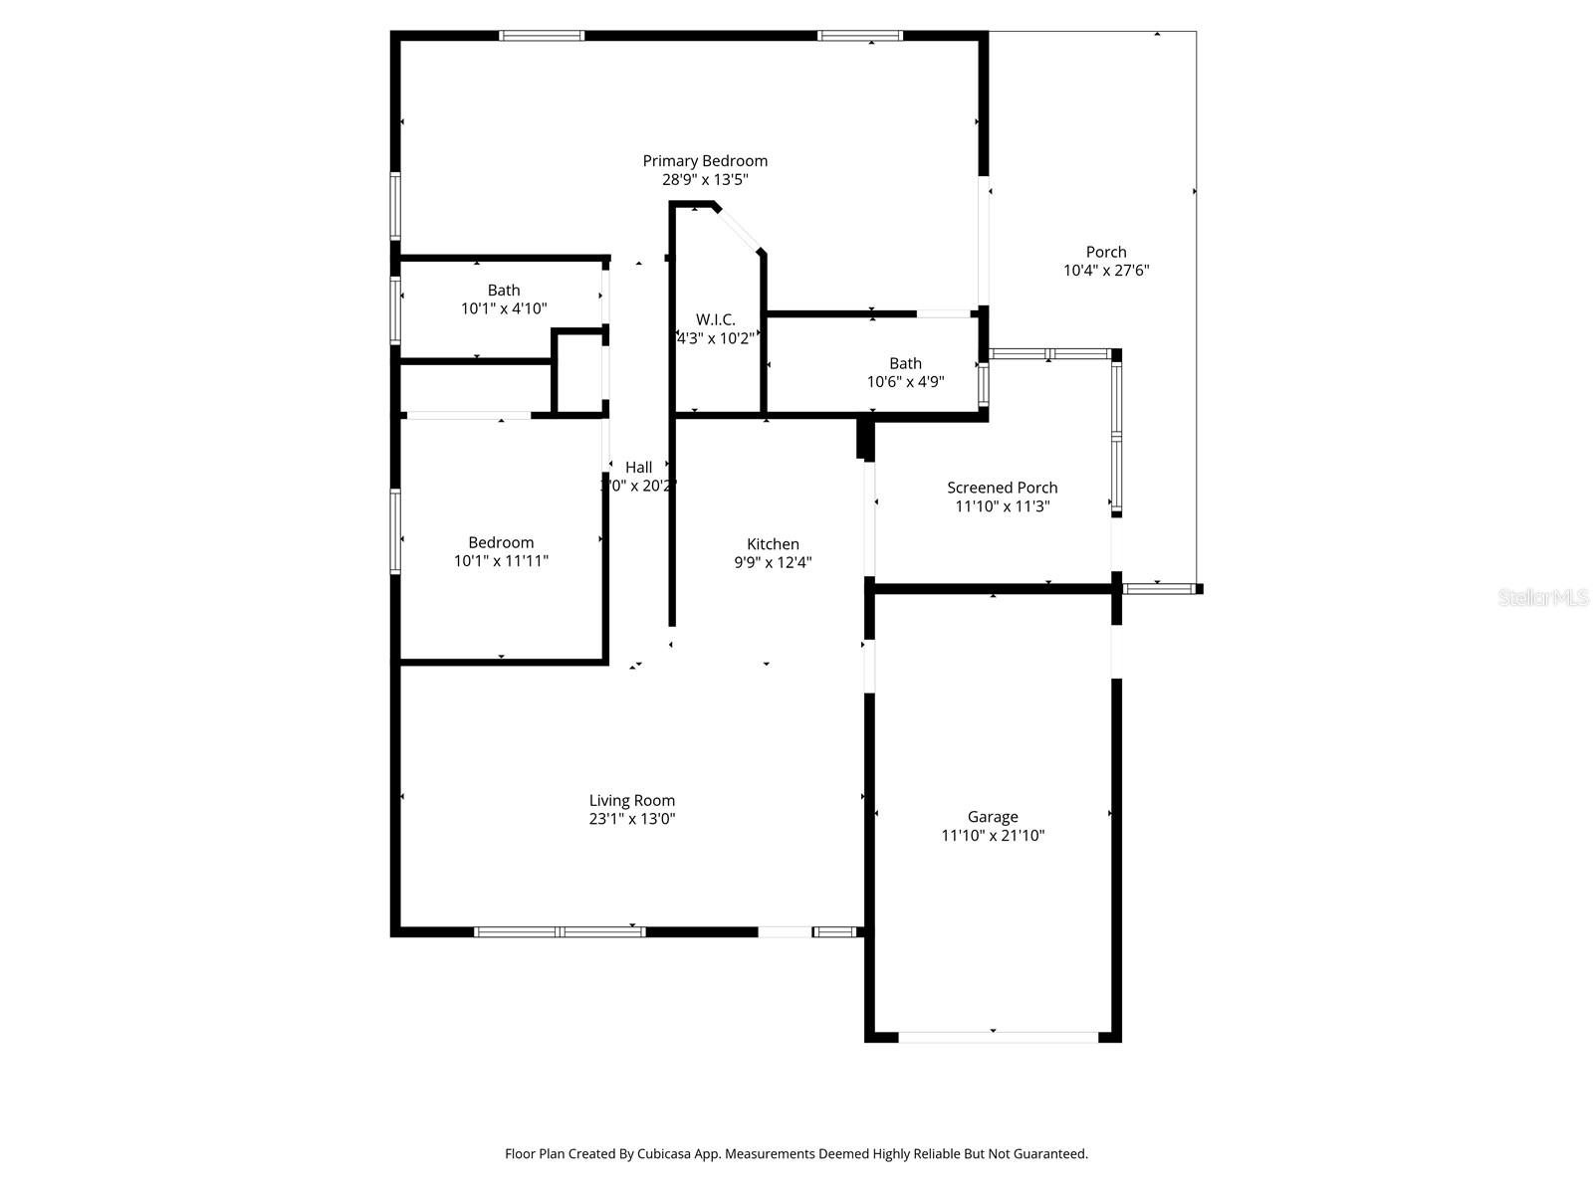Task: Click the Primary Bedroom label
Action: click(705, 161)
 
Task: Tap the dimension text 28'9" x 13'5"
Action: click(705, 180)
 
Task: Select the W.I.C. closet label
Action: click(715, 319)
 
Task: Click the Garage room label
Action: click(993, 817)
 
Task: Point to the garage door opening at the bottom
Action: click(999, 1037)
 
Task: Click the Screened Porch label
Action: click(1002, 488)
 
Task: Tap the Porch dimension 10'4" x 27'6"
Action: click(1106, 270)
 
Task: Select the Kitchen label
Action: click(773, 544)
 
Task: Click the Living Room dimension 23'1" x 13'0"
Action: click(632, 819)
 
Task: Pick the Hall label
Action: click(638, 468)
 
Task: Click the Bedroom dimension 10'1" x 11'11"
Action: click(501, 561)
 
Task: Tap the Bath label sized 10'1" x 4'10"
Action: click(504, 291)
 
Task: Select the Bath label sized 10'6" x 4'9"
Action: click(905, 364)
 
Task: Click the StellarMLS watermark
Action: click(1543, 598)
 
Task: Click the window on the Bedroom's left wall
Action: click(395, 531)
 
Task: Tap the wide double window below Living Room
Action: click(560, 932)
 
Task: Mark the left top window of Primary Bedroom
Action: click(542, 36)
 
